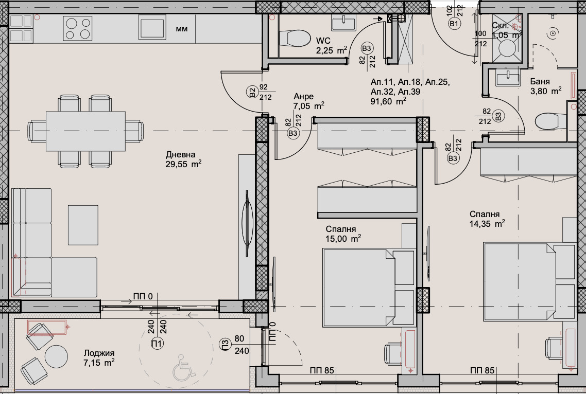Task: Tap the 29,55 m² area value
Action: (183, 165)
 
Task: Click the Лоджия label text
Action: (99, 353)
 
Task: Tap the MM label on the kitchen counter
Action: (182, 29)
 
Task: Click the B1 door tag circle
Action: (454, 24)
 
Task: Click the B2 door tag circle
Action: (252, 93)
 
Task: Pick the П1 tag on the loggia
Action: (157, 343)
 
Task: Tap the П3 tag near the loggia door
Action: (225, 344)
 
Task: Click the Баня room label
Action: (541, 81)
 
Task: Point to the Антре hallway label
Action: (303, 96)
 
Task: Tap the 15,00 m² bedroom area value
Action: (343, 239)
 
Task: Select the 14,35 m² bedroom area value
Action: (487, 224)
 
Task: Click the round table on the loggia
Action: (56, 355)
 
